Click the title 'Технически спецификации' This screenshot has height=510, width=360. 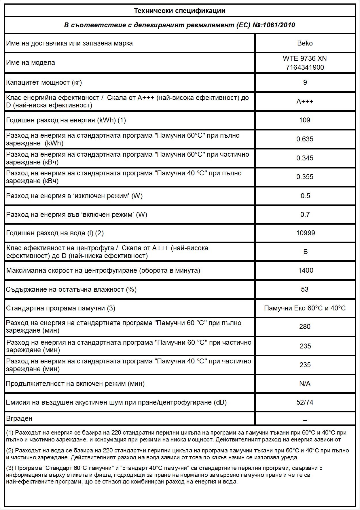pyautogui.click(x=180, y=11)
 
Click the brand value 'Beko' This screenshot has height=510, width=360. pyautogui.click(x=305, y=43)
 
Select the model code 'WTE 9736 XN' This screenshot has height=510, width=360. pyautogui.click(x=305, y=58)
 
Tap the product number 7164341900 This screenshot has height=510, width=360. pyautogui.click(x=305, y=67)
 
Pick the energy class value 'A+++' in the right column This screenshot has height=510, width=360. pyautogui.click(x=305, y=101)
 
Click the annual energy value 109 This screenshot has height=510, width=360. pyautogui.click(x=305, y=120)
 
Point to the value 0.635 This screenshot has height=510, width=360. pyautogui.click(x=305, y=139)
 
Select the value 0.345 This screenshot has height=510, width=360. pyautogui.click(x=305, y=158)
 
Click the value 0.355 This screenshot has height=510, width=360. pyautogui.click(x=305, y=177)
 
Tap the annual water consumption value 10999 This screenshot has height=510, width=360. pyautogui.click(x=305, y=233)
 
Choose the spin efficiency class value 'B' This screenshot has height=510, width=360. pyautogui.click(x=305, y=252)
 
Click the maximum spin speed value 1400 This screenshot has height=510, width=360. pyautogui.click(x=306, y=270)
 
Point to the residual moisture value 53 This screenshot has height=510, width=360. pyautogui.click(x=305, y=289)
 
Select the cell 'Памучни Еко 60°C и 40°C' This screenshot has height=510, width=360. pyautogui.click(x=305, y=308)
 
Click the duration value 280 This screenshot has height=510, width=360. pyautogui.click(x=305, y=327)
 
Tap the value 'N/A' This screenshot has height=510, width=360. pyautogui.click(x=305, y=384)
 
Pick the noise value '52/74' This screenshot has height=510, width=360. pyautogui.click(x=305, y=402)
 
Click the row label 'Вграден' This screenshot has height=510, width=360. pyautogui.click(x=19, y=418)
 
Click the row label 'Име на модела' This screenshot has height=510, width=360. pyautogui.click(x=31, y=62)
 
